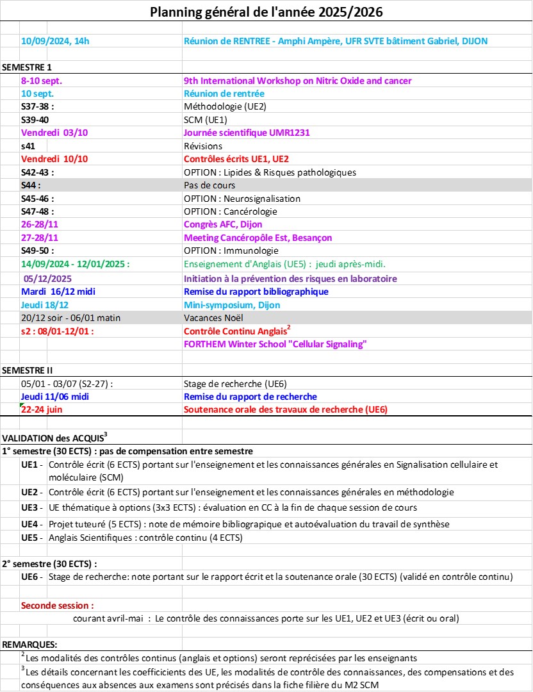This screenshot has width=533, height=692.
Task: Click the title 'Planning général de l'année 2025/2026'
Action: (266, 12)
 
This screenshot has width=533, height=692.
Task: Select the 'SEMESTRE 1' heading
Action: (28, 67)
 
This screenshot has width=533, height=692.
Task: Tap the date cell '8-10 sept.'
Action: (42, 81)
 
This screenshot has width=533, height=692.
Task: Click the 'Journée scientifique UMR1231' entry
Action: (247, 133)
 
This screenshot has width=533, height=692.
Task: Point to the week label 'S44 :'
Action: (31, 185)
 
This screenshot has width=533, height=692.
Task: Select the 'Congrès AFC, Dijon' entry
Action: (223, 225)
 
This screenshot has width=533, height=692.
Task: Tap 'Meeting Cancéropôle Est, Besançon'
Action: (258, 238)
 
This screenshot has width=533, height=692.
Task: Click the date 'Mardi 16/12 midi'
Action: (55, 292)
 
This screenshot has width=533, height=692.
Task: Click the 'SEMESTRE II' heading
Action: (28, 370)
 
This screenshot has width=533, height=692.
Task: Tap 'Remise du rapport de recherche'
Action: (250, 397)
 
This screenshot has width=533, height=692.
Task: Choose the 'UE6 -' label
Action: (33, 577)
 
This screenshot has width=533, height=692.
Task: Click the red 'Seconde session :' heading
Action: (58, 605)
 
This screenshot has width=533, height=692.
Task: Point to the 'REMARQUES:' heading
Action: (30, 644)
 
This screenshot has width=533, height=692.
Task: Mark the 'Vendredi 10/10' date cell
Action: (54, 159)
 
